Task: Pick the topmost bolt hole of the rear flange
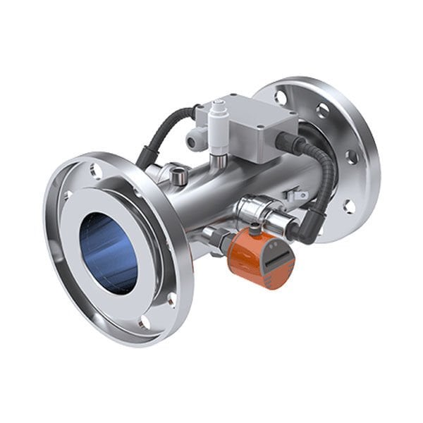coord(281,97)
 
